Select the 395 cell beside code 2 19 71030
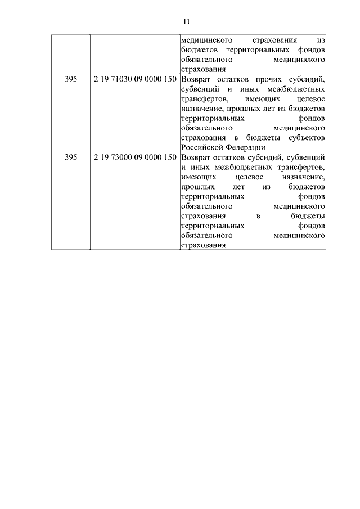[71, 79]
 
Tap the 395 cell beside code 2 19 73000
[71, 157]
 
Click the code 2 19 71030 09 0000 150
[134, 79]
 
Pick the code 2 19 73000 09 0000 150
[134, 157]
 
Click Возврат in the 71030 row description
[196, 79]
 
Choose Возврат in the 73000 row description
[196, 157]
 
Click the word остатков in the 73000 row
[236, 157]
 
